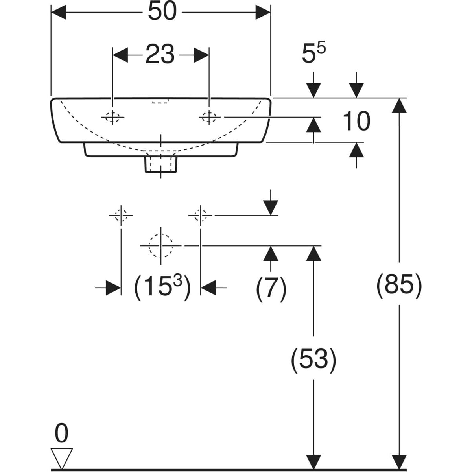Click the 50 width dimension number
pyautogui.click(x=162, y=12)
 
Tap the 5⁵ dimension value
pyautogui.click(x=314, y=54)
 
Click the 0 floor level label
pyautogui.click(x=61, y=433)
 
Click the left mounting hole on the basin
pyautogui.click(x=112, y=117)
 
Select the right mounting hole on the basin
pyautogui.click(x=209, y=117)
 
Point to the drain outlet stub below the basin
pyautogui.click(x=161, y=164)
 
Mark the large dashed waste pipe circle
pyautogui.click(x=161, y=245)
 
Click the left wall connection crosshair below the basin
pyautogui.click(x=121, y=215)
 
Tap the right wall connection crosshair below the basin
pyautogui.click(x=201, y=215)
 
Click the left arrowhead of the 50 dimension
pyautogui.click(x=59, y=12)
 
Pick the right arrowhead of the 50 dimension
pyautogui.click(x=263, y=12)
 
